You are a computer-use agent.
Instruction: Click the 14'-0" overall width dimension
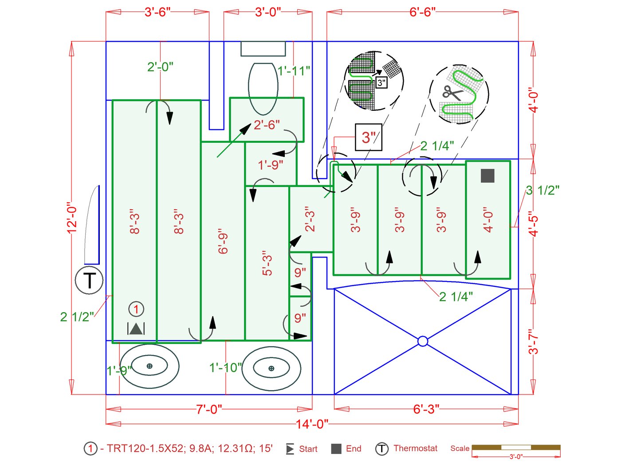[x=312, y=424]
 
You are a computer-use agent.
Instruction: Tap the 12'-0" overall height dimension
[x=72, y=218]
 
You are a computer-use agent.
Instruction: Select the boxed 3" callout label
[x=368, y=137]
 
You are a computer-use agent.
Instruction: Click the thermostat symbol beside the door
[x=89, y=281]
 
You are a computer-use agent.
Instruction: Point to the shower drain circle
[x=423, y=341]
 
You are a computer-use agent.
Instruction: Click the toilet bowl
[x=263, y=89]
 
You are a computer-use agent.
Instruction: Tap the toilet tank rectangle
[x=263, y=49]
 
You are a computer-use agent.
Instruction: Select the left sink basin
[x=149, y=366]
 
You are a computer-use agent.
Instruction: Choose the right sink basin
[x=271, y=368]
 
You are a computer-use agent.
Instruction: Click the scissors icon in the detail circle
[x=452, y=93]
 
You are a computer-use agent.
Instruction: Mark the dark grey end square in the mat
[x=487, y=176]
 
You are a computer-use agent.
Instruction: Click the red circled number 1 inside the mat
[x=136, y=309]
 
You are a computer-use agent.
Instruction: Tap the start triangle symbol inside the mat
[x=136, y=328]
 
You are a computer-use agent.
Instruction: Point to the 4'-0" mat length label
[x=488, y=219]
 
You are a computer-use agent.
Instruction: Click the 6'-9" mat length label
[x=223, y=242]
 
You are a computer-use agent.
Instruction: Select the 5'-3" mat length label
[x=267, y=263]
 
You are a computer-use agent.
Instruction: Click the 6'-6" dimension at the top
[x=422, y=12]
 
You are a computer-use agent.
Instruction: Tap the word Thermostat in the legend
[x=415, y=448]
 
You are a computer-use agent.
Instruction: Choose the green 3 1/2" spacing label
[x=542, y=190]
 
